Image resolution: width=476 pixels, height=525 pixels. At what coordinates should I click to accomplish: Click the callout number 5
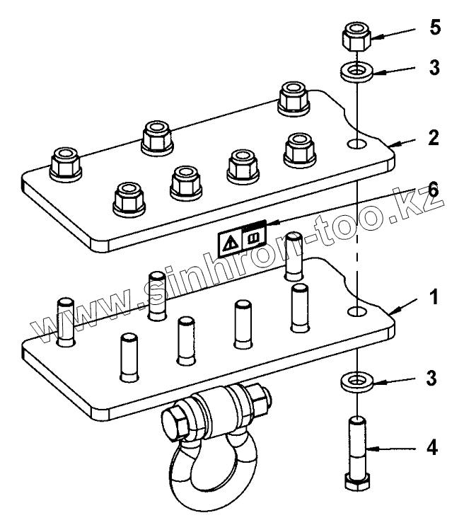435,28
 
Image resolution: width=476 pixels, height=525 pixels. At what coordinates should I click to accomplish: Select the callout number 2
434,137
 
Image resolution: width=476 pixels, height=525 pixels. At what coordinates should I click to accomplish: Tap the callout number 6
433,190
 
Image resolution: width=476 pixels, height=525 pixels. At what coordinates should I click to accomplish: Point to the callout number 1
434,297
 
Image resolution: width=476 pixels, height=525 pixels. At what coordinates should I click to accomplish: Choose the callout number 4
432,448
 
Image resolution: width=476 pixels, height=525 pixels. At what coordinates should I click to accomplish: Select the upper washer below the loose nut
357,72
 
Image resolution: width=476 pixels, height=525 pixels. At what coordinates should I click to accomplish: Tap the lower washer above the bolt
357,382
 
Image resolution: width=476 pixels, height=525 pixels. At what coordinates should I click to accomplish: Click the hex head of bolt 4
357,482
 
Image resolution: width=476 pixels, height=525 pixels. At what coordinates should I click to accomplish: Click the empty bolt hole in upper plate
357,144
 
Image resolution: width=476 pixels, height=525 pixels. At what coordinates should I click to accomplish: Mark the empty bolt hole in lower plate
357,312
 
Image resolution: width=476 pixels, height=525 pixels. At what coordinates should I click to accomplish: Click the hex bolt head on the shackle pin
175,423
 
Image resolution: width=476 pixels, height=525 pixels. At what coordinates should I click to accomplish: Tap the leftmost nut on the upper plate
66,165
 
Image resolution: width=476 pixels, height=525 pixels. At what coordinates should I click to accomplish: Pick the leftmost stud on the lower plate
66,322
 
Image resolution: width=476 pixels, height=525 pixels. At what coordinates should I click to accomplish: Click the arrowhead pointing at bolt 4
371,449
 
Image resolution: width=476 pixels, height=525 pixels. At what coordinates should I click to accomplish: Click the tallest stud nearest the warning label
294,255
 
